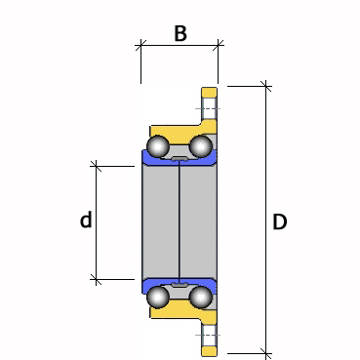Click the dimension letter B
pyautogui.click(x=180, y=33)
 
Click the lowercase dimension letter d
pyautogui.click(x=86, y=220)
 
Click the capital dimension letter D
pyautogui.click(x=279, y=222)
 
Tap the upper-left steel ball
pyautogui.click(x=158, y=146)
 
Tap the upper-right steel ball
pyautogui.click(x=201, y=146)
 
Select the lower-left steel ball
pyautogui.click(x=158, y=297)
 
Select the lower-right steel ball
pyautogui.click(x=201, y=297)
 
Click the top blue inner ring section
pyautogui.click(x=179, y=159)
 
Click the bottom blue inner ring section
pyautogui.click(x=179, y=286)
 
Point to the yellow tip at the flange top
pyautogui.click(x=209, y=92)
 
